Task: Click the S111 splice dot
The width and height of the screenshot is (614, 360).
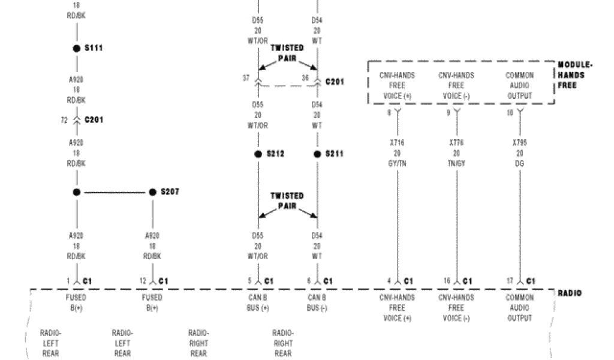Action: pos(76,48)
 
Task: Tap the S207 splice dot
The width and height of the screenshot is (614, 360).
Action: pos(152,192)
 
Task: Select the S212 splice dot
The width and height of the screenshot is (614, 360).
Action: pos(258,154)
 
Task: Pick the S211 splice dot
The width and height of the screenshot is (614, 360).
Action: pos(317,154)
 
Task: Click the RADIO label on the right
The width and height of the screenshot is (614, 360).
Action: pos(569,293)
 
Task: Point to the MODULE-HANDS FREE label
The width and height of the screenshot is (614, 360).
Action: pos(575,75)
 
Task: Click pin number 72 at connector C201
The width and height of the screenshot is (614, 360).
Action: pos(64,120)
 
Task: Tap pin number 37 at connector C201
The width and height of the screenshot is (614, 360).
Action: pos(246,77)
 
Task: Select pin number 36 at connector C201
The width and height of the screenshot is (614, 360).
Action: pos(305,77)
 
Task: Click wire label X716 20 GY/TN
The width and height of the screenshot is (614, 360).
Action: pos(397,154)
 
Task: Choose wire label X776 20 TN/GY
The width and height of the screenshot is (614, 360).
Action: pos(456,154)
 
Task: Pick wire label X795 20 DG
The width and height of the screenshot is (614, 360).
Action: pos(519,154)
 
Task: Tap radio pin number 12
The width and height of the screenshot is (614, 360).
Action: pos(143,281)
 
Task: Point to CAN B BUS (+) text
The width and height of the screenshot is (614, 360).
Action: pos(258,302)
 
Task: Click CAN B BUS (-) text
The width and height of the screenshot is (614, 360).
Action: pos(317,302)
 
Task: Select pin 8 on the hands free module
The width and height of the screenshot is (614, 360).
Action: pos(389,112)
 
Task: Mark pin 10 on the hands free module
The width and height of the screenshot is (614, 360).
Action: pos(510,112)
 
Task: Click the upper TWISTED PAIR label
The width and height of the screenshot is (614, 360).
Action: pos(287,53)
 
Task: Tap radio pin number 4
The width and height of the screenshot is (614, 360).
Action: pos(389,281)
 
